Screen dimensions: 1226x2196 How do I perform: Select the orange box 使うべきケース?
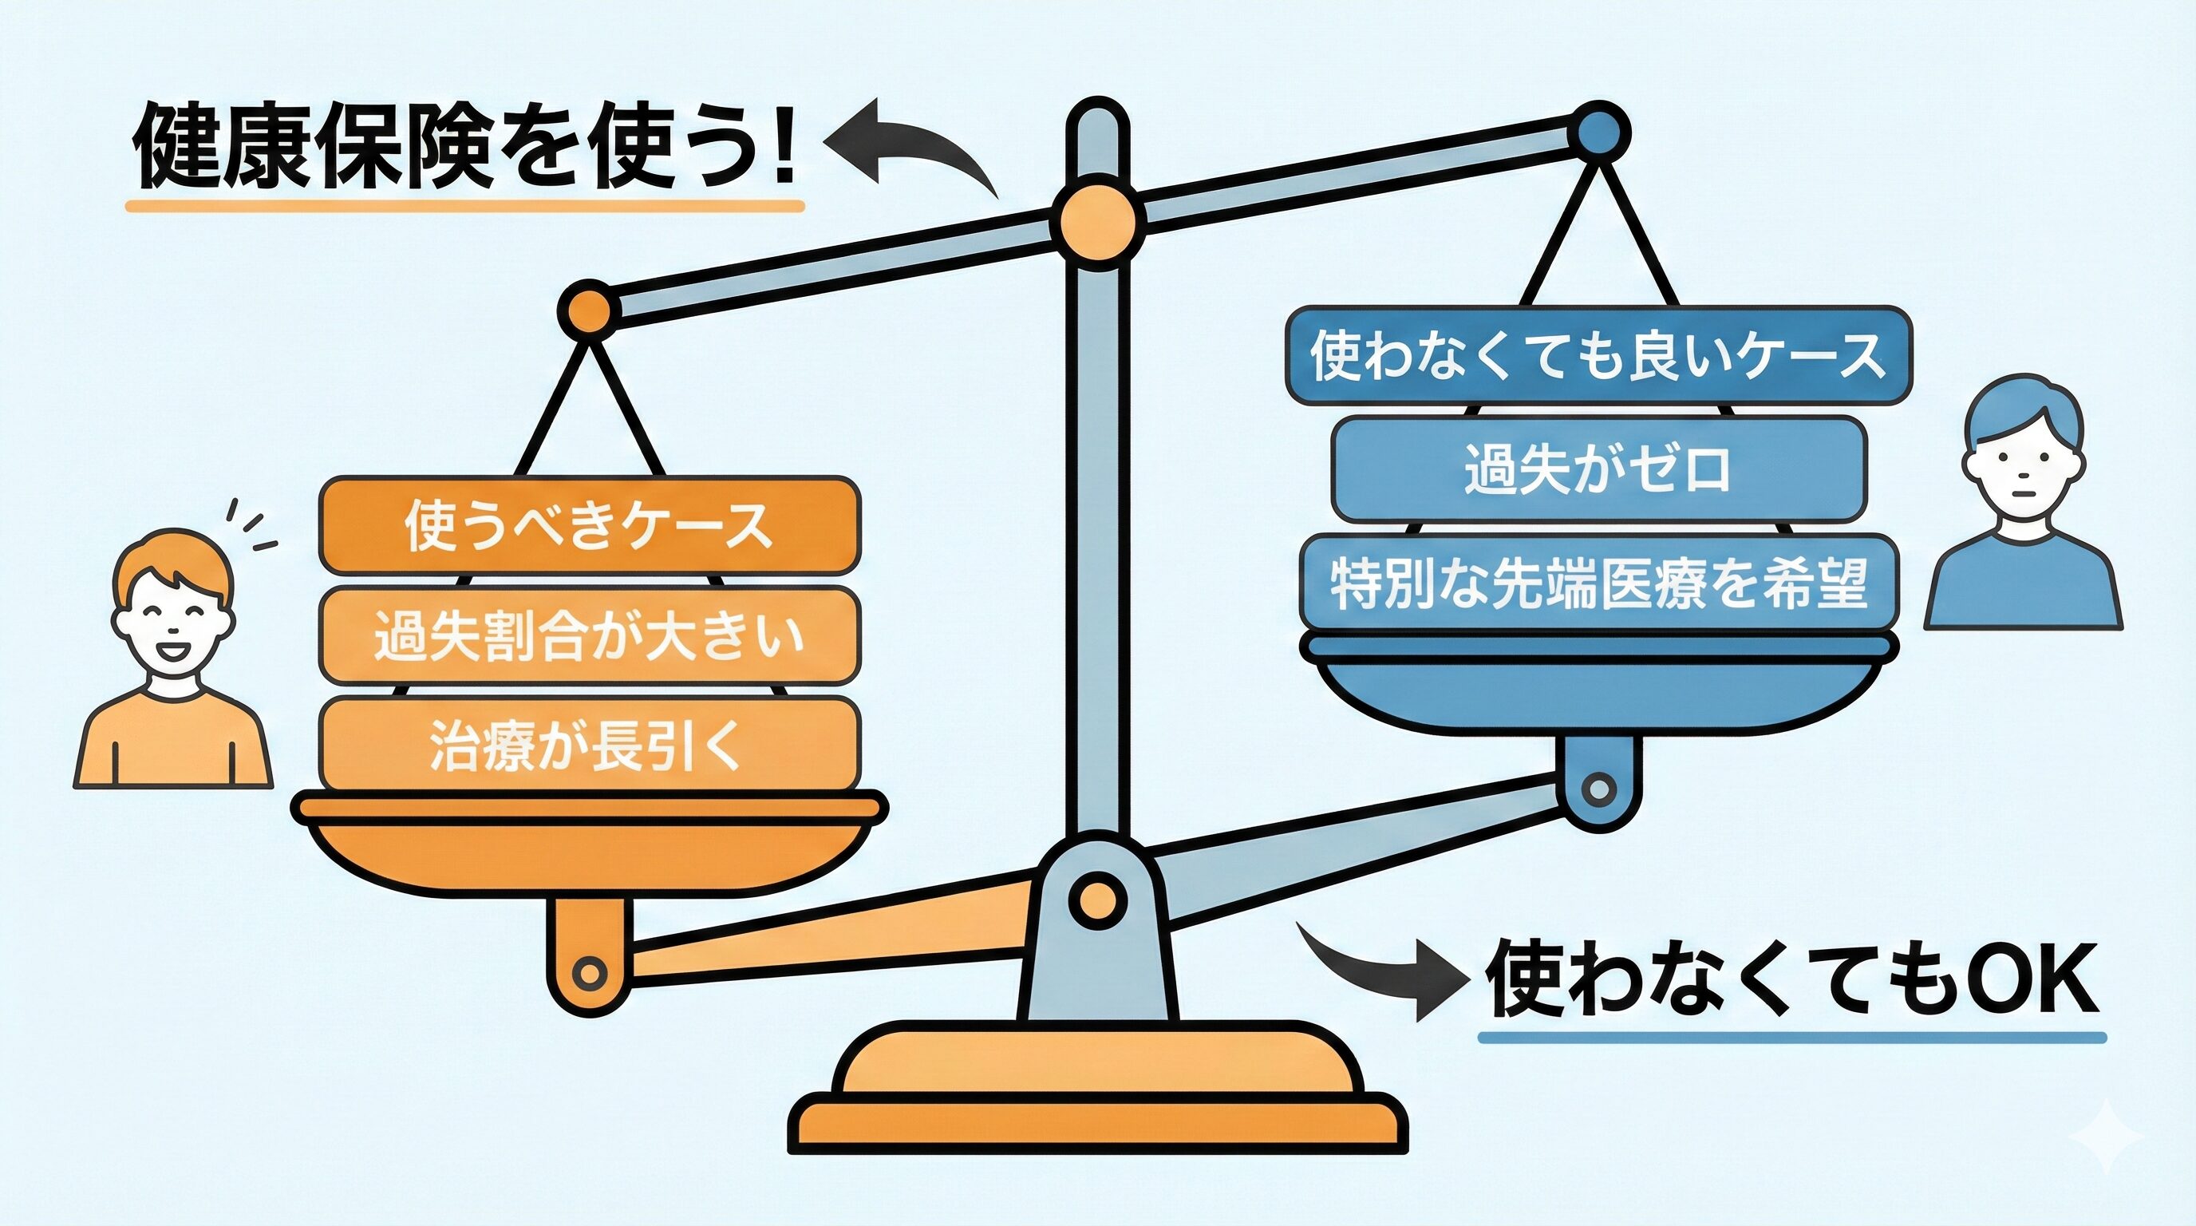click(x=589, y=525)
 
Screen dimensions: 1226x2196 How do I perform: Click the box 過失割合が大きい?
click(x=589, y=635)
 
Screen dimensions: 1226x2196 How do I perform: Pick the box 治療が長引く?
click(x=589, y=744)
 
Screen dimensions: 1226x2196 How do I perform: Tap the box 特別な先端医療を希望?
click(x=1598, y=583)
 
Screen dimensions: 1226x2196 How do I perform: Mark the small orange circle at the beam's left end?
click(x=587, y=308)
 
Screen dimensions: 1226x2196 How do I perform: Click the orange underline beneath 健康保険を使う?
click(x=464, y=205)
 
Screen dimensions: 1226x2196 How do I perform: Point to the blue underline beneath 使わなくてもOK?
click(x=1790, y=1038)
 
